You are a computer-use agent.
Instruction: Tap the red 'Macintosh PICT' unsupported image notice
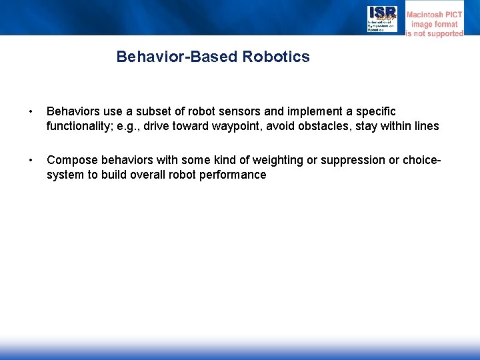[x=435, y=23]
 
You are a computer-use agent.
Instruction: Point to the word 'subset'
[x=163, y=110]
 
